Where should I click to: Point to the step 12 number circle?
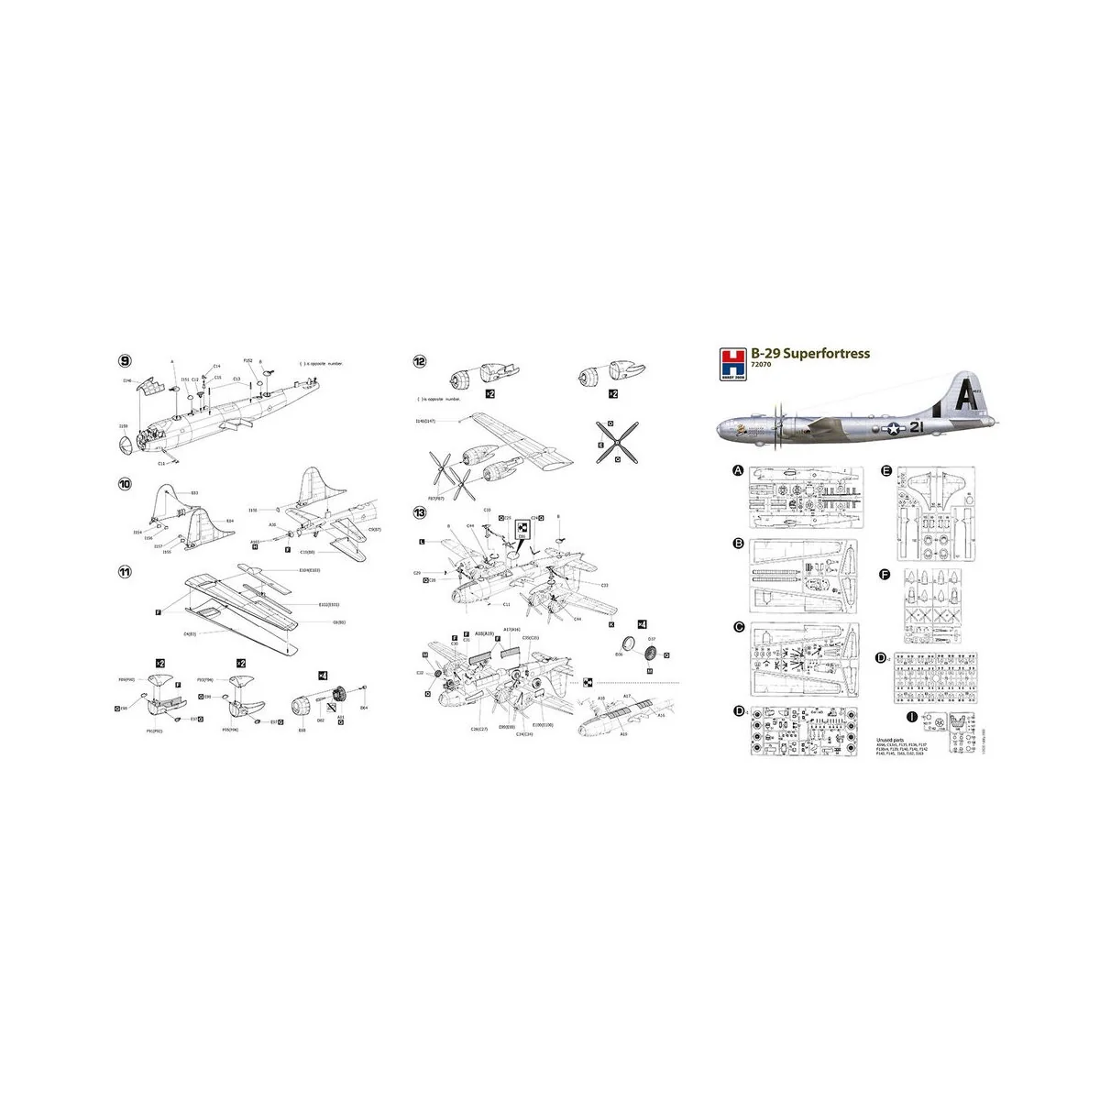click(x=419, y=361)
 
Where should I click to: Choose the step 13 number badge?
click(x=419, y=511)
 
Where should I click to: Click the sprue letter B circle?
click(x=738, y=544)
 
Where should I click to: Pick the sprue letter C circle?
click(x=738, y=628)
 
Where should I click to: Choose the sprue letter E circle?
click(x=886, y=471)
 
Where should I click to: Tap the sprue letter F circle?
click(x=885, y=575)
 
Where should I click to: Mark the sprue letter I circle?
click(x=911, y=717)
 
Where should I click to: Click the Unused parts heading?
click(x=891, y=736)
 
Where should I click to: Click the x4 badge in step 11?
click(x=323, y=676)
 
